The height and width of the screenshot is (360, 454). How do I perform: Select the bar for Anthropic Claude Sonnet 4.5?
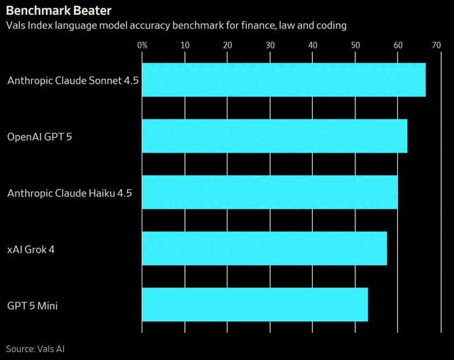(x=284, y=80)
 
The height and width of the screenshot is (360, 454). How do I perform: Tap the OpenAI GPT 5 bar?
(x=275, y=136)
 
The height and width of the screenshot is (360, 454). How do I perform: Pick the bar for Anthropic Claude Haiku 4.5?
(x=270, y=192)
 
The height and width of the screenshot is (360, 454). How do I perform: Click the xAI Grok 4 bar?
(x=265, y=249)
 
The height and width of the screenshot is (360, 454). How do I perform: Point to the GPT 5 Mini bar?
(x=255, y=305)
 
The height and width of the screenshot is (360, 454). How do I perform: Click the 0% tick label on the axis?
(x=143, y=45)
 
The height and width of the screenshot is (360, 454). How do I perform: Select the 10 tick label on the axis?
(x=185, y=45)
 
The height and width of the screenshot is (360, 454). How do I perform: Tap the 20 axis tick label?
(x=228, y=45)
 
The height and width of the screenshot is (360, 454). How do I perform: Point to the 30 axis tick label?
(x=270, y=45)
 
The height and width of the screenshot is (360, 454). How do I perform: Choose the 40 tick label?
(x=313, y=45)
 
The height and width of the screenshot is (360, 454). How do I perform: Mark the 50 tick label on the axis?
(x=355, y=45)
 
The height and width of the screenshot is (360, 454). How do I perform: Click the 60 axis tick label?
(x=398, y=45)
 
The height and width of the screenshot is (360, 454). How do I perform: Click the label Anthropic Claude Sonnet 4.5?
(x=72, y=80)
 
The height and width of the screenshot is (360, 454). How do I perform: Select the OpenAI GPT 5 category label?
(x=40, y=136)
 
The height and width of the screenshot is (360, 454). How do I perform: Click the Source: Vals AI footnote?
(x=40, y=349)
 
